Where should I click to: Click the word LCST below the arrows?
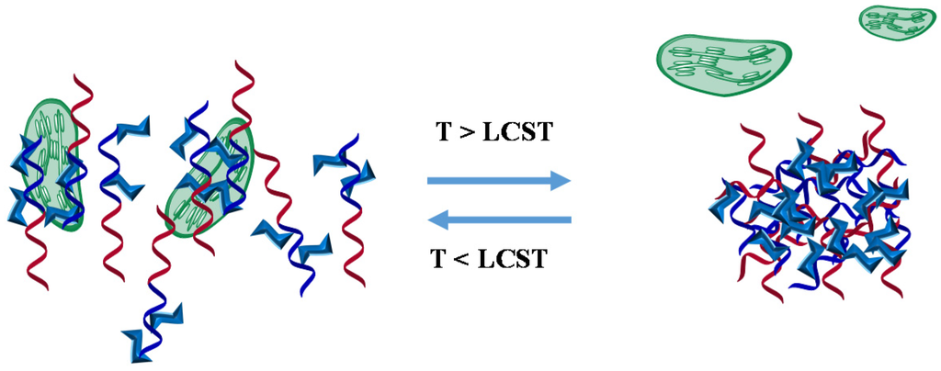pyautogui.click(x=515, y=260)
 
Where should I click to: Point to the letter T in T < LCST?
pyautogui.click(x=439, y=260)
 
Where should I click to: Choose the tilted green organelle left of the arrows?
pyautogui.click(x=210, y=176)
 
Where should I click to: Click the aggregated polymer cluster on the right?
pyautogui.click(x=809, y=211)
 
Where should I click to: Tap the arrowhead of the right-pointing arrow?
pyautogui.click(x=560, y=181)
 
